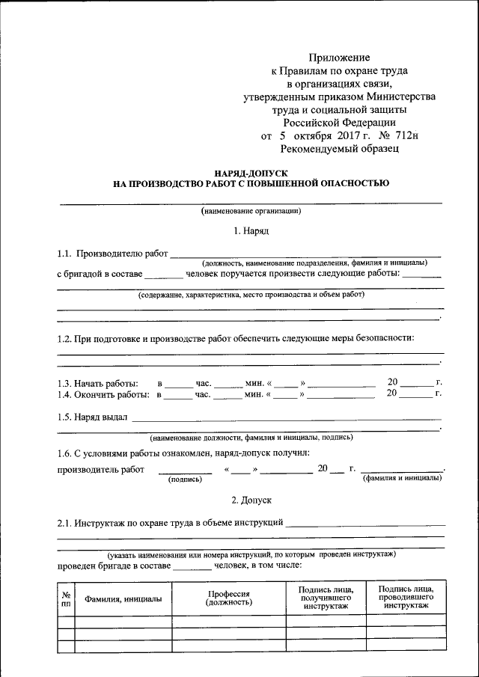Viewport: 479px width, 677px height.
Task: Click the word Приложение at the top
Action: coord(340,57)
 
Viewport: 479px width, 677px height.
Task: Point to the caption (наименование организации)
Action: coord(251,212)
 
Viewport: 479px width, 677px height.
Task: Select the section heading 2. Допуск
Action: coord(251,498)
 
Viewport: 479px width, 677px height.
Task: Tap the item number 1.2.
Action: coord(64,338)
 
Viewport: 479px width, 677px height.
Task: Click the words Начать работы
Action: coord(106,383)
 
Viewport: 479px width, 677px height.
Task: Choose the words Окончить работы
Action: coord(112,393)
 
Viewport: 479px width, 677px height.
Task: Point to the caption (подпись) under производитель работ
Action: coord(185,479)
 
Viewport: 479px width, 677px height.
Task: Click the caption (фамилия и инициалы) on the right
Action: coord(401,477)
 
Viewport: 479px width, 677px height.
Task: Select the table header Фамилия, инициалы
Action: coord(123,598)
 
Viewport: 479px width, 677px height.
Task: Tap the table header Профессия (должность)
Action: coord(229,598)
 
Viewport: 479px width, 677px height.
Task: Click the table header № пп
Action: coord(66,598)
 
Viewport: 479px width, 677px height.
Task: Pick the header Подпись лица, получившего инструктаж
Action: coord(326,597)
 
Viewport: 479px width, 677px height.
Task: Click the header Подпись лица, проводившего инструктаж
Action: coord(406,597)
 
